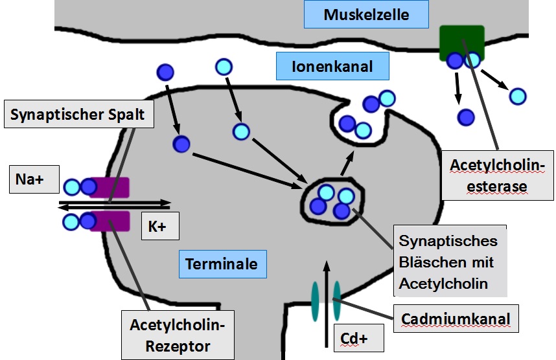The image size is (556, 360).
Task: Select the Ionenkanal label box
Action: pos(332,66)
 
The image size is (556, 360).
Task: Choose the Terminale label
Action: pos(221,264)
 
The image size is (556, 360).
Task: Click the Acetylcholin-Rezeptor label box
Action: pos(178,334)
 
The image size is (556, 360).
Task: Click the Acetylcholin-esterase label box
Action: pos(492,176)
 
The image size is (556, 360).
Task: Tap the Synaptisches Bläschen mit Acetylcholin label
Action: pos(448,262)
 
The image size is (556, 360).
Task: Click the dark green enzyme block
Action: pos(461,41)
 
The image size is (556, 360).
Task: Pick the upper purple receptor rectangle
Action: pos(110,187)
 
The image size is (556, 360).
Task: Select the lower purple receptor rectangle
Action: pos(111,221)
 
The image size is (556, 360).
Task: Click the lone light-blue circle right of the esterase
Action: pos(517,96)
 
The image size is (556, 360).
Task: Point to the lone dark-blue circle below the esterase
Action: pos(465,117)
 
